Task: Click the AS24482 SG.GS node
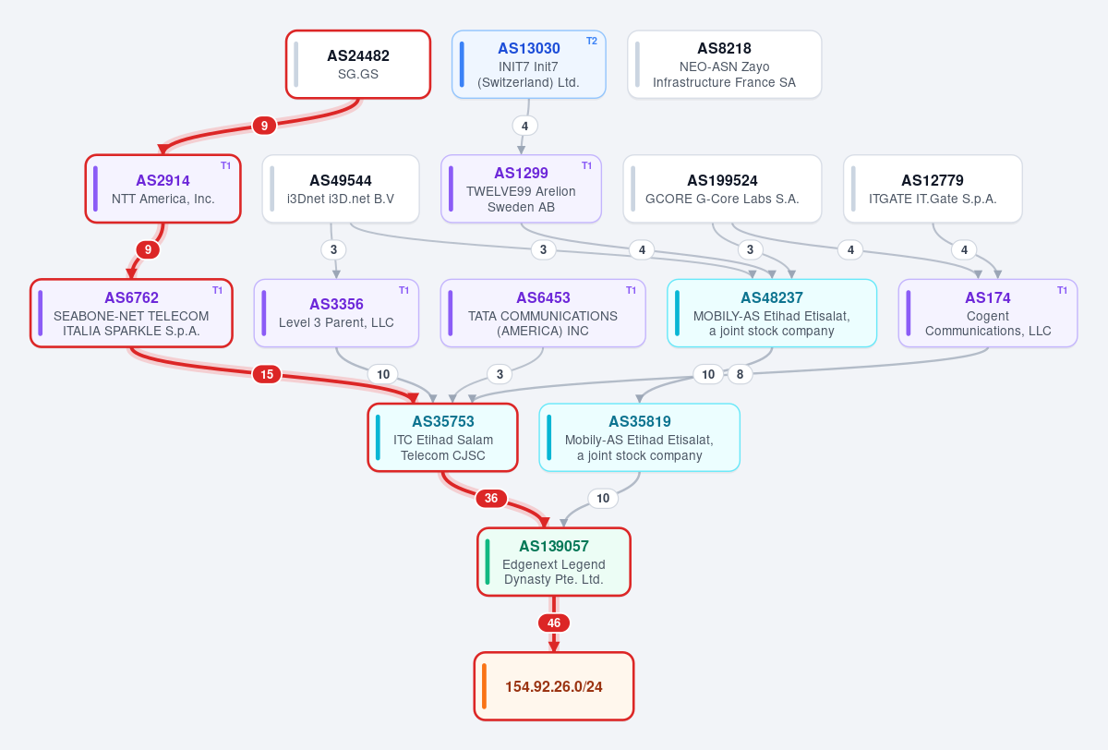pyautogui.click(x=358, y=65)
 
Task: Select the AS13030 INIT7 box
pyautogui.click(x=529, y=65)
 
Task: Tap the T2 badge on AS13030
pyautogui.click(x=592, y=41)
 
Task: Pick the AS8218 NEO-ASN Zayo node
pyautogui.click(x=724, y=65)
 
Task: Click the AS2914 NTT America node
pyautogui.click(x=163, y=188)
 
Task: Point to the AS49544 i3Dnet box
pyautogui.click(x=341, y=188)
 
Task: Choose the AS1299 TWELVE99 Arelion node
pyautogui.click(x=521, y=188)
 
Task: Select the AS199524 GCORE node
pyautogui.click(x=722, y=188)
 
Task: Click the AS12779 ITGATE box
pyautogui.click(x=933, y=188)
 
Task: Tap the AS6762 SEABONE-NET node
pyautogui.click(x=131, y=313)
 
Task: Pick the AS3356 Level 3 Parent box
pyautogui.click(x=336, y=313)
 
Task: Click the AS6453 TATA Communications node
pyautogui.click(x=543, y=313)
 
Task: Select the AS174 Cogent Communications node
pyautogui.click(x=988, y=313)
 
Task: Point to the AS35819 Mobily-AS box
pyautogui.click(x=639, y=437)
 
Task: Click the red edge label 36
pyautogui.click(x=491, y=498)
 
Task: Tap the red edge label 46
pyautogui.click(x=554, y=623)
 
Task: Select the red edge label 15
pyautogui.click(x=267, y=374)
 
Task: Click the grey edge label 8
pyautogui.click(x=740, y=374)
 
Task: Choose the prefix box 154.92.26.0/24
pyautogui.click(x=554, y=686)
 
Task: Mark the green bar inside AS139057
pyautogui.click(x=488, y=562)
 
